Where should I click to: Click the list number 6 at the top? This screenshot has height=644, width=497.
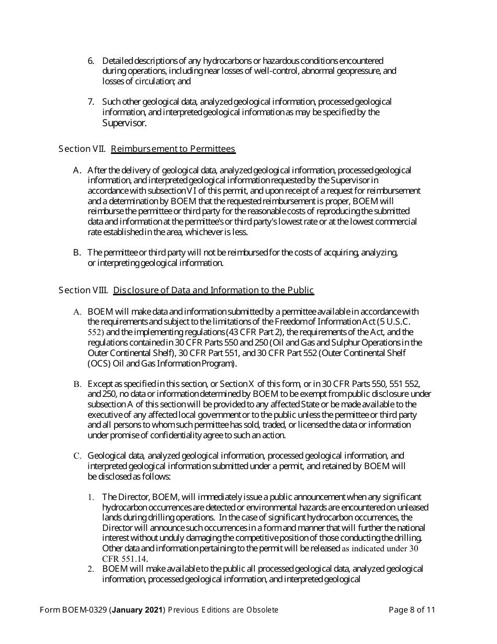[x=91, y=61]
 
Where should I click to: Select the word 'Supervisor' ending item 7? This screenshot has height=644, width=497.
[x=124, y=124]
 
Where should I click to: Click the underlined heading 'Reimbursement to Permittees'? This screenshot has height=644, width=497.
[x=173, y=149]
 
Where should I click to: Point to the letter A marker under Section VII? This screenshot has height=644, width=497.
[x=77, y=171]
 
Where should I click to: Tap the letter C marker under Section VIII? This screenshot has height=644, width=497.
[x=77, y=456]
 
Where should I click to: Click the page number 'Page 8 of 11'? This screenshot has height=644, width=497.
[x=412, y=610]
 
